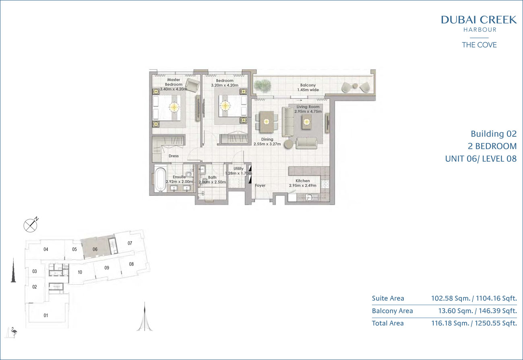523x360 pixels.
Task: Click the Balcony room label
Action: pyautogui.click(x=308, y=85)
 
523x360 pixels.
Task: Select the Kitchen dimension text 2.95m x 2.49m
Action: pyautogui.click(x=303, y=185)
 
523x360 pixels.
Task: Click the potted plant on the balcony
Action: pyautogui.click(x=263, y=85)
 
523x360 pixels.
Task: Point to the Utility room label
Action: pyautogui.click(x=238, y=169)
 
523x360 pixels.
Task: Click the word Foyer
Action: pyautogui.click(x=260, y=185)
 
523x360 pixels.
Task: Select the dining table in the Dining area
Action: pyautogui.click(x=267, y=122)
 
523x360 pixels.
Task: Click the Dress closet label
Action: pyautogui.click(x=174, y=156)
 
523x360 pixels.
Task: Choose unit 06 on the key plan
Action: pyautogui.click(x=95, y=249)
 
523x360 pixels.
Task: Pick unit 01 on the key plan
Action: pyautogui.click(x=46, y=315)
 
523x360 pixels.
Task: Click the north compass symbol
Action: pyautogui.click(x=31, y=225)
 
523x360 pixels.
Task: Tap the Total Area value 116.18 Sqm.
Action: pyautogui.click(x=450, y=323)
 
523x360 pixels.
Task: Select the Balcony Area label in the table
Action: pyautogui.click(x=392, y=311)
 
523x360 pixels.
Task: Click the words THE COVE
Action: pyautogui.click(x=479, y=45)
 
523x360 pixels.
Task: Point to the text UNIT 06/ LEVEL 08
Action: pyautogui.click(x=481, y=158)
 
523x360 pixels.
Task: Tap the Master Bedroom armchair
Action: pyautogui.click(x=193, y=85)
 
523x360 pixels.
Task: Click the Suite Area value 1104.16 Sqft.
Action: pyautogui.click(x=496, y=298)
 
